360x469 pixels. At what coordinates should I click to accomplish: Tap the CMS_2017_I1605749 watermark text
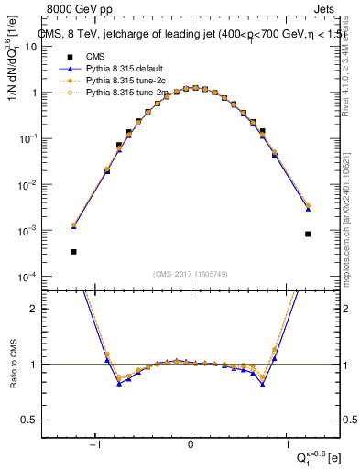(x=191, y=274)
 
